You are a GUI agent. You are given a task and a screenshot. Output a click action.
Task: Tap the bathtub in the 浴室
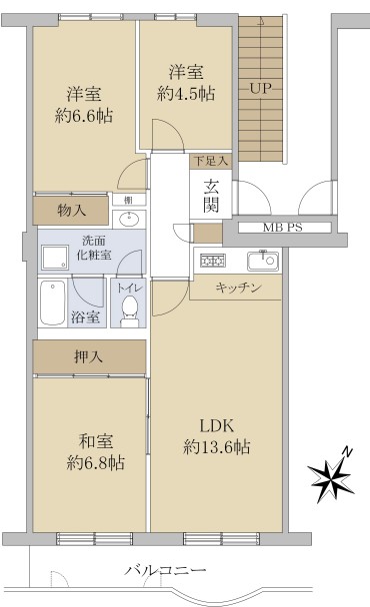[53, 303]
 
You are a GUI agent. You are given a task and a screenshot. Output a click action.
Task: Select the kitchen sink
[263, 261]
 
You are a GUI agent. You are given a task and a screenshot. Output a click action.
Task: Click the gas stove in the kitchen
[213, 261]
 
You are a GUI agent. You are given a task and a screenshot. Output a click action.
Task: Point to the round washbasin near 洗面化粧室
[129, 220]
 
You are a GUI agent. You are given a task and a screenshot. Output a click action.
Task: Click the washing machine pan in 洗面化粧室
[55, 257]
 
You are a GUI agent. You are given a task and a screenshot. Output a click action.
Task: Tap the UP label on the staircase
[260, 88]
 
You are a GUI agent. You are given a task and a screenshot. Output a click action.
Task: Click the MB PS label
[282, 228]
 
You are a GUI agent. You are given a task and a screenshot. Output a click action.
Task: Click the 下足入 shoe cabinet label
[211, 161]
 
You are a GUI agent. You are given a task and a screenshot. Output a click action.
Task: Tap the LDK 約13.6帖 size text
[217, 447]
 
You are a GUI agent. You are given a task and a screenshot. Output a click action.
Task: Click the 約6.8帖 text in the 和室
[95, 462]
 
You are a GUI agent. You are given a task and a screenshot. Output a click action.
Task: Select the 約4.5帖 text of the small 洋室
[186, 93]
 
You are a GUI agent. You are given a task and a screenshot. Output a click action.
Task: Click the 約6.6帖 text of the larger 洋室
[84, 116]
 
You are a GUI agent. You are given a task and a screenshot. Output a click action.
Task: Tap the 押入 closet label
[88, 357]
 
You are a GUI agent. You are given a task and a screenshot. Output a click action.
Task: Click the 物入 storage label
[71, 211]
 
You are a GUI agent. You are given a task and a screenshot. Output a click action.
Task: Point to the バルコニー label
[165, 570]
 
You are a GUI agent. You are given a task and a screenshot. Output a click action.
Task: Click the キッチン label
[238, 288]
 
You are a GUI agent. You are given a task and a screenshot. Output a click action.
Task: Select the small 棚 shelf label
[129, 200]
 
